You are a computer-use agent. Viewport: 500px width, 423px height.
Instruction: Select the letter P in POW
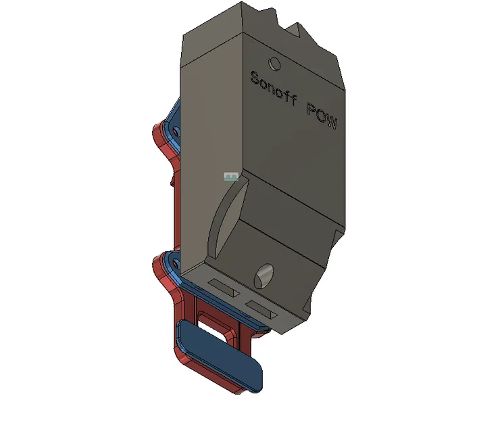(311, 110)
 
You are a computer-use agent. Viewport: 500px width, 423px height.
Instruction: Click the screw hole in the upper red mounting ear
(177, 130)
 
